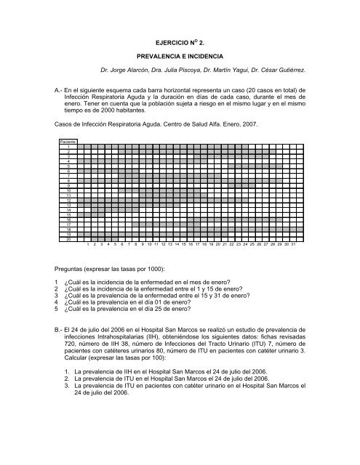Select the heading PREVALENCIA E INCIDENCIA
tap(180, 54)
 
